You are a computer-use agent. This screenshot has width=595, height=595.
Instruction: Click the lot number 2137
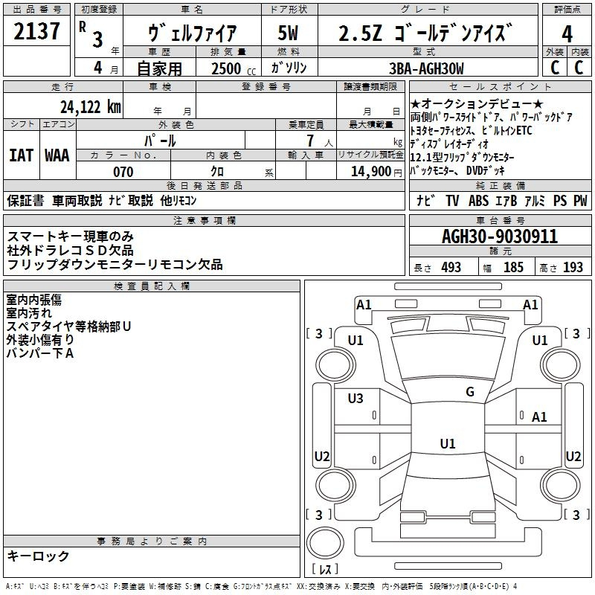point(36,31)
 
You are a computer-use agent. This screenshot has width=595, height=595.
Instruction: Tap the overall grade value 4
point(567,33)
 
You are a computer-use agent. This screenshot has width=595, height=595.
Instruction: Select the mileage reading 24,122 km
point(90,107)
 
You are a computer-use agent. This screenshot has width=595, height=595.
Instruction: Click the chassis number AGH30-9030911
point(500,237)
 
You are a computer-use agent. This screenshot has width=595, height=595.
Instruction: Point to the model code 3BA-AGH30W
point(426,68)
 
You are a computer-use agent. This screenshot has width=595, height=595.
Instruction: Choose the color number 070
point(123,172)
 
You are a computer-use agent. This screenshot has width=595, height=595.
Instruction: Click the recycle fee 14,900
point(370,172)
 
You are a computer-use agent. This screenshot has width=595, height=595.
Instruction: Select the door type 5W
point(288,33)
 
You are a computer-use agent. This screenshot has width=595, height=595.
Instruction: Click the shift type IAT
point(21,155)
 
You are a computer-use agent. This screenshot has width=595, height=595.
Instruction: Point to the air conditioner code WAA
point(57,155)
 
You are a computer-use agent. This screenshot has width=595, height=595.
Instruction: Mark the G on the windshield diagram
point(470,392)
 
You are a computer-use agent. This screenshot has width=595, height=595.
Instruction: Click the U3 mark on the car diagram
point(356,398)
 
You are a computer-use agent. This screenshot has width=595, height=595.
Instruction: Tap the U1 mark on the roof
point(448,443)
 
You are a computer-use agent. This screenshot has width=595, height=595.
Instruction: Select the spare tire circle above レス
point(325,544)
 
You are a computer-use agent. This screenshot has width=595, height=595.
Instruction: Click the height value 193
point(573,268)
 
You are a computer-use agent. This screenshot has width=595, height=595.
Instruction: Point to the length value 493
point(451,268)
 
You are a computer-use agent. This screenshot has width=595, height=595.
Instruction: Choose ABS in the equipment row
point(478,201)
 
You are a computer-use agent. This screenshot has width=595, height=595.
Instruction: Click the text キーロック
point(38,556)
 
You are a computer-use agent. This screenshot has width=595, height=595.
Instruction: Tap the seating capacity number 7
point(310,141)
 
